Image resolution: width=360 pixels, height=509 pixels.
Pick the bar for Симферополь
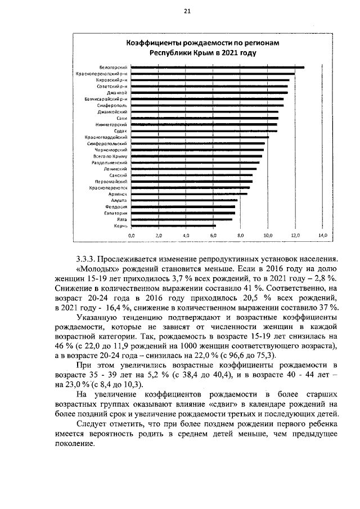point(208,105)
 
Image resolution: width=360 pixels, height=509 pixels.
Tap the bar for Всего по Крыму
point(197,156)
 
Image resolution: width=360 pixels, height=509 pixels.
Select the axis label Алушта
point(119,200)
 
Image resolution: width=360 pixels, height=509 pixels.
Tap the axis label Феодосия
point(116,206)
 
